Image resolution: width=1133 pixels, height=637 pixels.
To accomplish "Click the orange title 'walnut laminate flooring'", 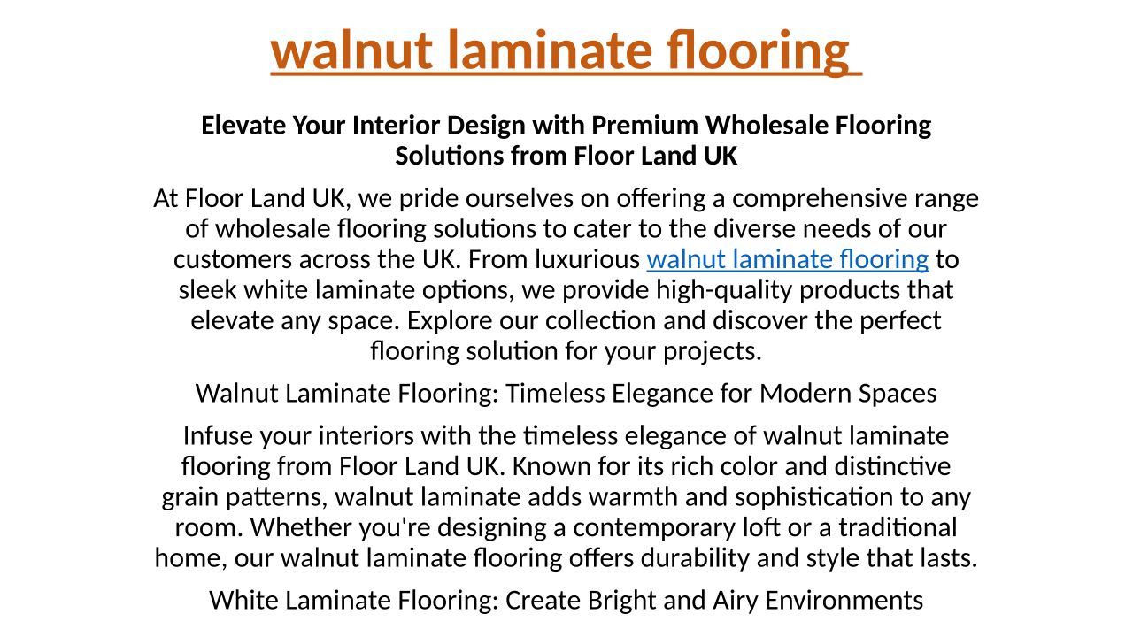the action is click(560, 51).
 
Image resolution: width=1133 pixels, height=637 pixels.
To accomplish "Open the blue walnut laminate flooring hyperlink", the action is click(788, 259).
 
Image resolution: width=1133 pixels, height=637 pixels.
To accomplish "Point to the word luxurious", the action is click(587, 259).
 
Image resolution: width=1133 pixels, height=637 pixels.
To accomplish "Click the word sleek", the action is click(208, 289).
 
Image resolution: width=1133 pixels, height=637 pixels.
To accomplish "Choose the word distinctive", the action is click(892, 466).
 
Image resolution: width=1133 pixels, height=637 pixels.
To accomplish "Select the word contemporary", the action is click(654, 528).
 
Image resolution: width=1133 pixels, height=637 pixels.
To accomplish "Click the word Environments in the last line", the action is click(844, 601).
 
